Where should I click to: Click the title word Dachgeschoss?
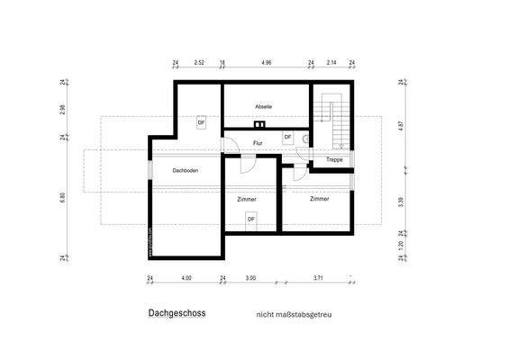point(177,314)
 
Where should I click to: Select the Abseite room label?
point(264,107)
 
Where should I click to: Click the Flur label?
point(258,142)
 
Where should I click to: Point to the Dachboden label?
point(186,170)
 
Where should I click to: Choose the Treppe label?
point(333,160)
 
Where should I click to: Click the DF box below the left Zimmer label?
point(251,218)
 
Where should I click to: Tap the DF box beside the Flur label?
point(287,137)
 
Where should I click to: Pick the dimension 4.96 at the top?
point(266,63)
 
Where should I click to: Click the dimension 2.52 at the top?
point(199,63)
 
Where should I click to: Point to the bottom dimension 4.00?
point(186,278)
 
